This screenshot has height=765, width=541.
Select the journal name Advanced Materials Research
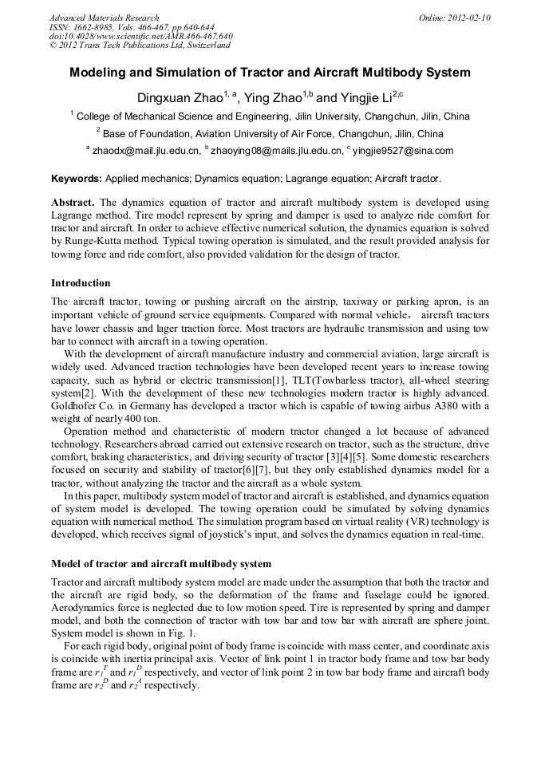click(104, 18)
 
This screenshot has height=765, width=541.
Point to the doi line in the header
click(141, 37)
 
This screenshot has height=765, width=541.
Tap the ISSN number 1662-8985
click(94, 27)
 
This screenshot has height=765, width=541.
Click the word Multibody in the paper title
click(390, 73)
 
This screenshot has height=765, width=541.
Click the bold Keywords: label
click(77, 178)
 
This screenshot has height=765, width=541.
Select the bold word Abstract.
click(73, 203)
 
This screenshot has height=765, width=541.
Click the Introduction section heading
click(81, 283)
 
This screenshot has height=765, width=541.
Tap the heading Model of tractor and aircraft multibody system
click(160, 564)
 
